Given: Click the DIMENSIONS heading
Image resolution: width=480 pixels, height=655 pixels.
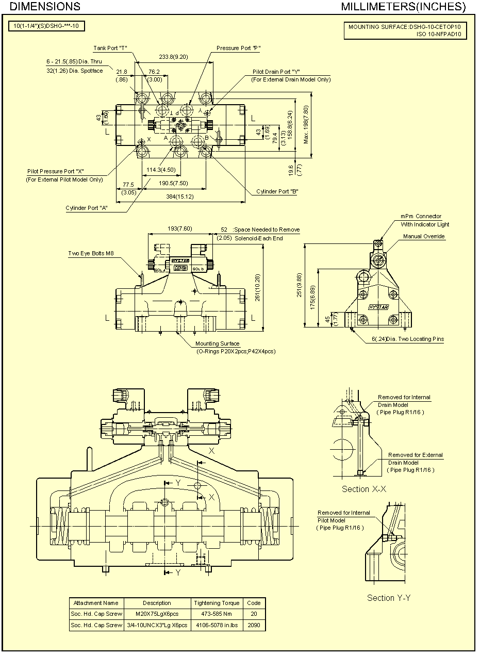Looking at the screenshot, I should [x=45, y=7].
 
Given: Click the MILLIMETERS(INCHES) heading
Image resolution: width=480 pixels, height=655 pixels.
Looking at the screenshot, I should [x=403, y=7].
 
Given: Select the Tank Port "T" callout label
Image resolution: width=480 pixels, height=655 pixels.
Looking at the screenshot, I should [x=110, y=48].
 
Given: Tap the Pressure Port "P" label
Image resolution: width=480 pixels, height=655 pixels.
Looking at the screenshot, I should [x=238, y=48].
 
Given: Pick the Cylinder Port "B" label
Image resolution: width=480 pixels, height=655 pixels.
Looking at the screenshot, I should [x=277, y=191].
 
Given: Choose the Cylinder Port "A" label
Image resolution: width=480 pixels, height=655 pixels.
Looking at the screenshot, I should [x=86, y=208].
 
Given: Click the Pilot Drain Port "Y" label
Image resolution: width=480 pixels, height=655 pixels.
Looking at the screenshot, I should [x=276, y=72].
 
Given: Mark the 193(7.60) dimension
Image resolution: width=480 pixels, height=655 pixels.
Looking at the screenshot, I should [x=180, y=228].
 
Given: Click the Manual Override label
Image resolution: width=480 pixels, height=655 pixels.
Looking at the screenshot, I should [x=424, y=236].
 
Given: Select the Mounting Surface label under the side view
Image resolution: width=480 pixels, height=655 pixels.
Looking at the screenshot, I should [x=217, y=343].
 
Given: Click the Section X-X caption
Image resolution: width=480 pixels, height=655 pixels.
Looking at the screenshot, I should [x=364, y=489].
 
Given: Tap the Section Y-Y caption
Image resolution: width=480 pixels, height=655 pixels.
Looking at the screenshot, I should [x=388, y=598].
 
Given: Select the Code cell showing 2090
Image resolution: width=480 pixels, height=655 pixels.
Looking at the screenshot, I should [x=254, y=625].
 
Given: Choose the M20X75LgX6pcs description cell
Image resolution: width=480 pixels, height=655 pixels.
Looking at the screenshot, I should [x=157, y=614].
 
